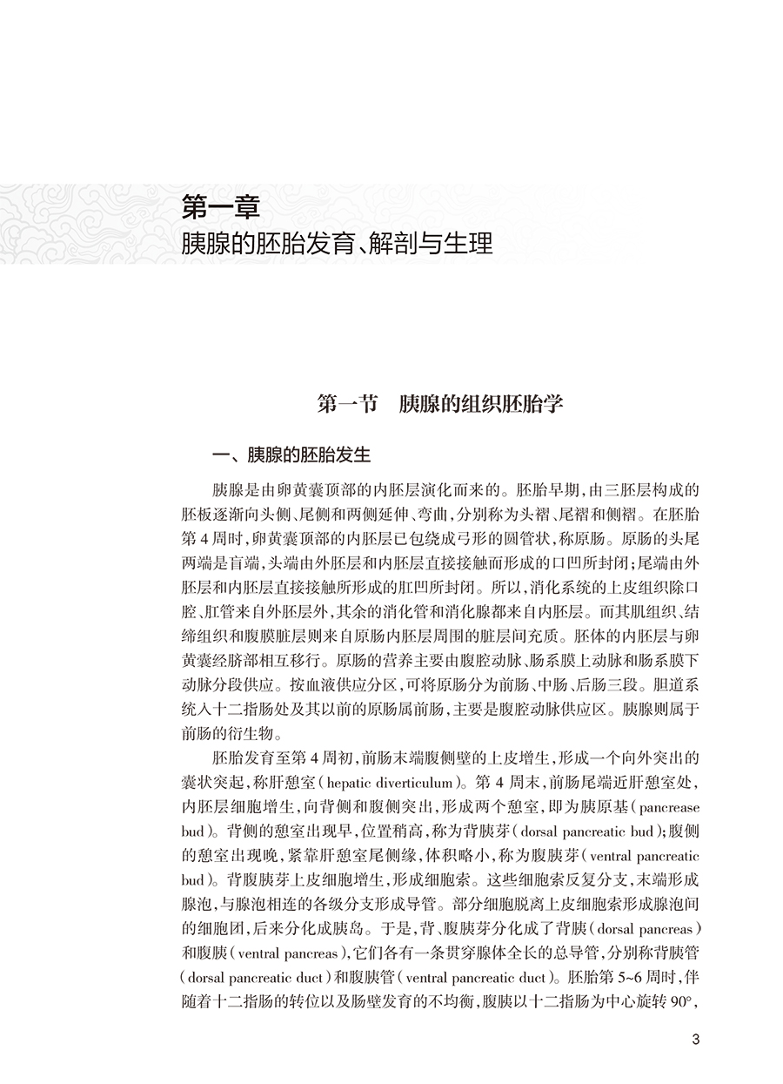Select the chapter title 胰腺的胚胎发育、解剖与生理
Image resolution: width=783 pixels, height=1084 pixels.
click(337, 243)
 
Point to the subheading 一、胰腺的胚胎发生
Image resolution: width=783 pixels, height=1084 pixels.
click(293, 455)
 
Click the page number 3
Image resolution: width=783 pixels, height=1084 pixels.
click(693, 1038)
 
